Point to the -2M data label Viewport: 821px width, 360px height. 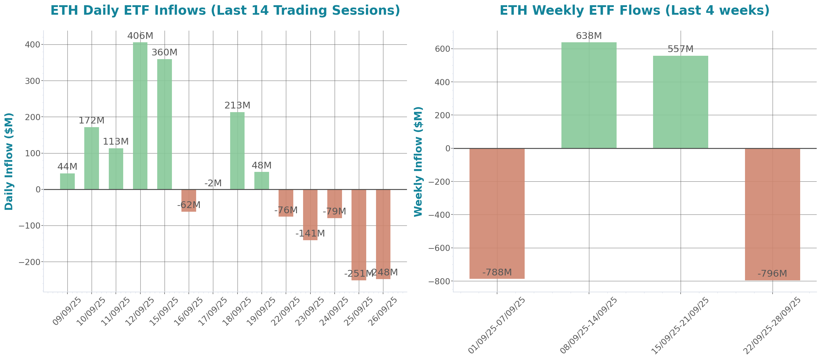[213, 183]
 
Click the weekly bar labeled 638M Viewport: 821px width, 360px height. [589, 95]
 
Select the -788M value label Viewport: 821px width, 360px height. [497, 272]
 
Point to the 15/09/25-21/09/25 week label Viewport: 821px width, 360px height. [680, 325]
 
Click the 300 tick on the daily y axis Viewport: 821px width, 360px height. [32, 81]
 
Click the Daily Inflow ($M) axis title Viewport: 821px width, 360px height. [9, 161]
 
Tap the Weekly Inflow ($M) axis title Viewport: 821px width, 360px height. [418, 161]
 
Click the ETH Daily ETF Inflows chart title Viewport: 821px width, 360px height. [225, 10]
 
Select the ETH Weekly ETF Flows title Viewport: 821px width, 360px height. [635, 10]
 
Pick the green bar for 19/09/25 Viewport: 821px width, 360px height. [262, 181]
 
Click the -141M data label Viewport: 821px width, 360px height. [310, 233]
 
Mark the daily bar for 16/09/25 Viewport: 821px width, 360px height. [189, 200]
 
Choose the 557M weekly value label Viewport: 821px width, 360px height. [680, 49]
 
